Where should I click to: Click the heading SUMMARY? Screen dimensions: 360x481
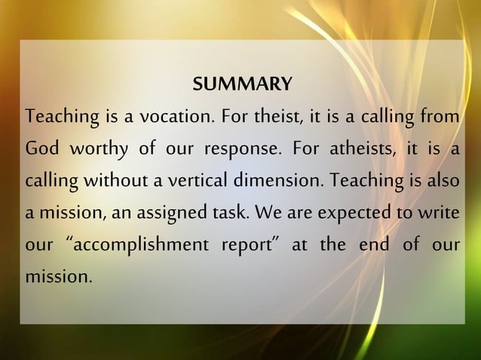click(x=242, y=84)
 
